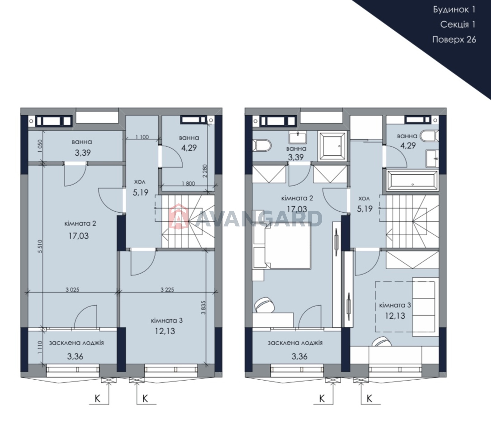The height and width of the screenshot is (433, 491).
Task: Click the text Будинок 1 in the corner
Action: pyautogui.click(x=454, y=9)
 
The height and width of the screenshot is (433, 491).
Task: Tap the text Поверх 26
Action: pyautogui.click(x=454, y=40)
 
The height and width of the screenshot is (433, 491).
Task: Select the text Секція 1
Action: pyautogui.click(x=458, y=25)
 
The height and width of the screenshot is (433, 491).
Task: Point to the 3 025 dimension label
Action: pyautogui.click(x=72, y=289)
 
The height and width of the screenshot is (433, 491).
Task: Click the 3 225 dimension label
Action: pyautogui.click(x=167, y=289)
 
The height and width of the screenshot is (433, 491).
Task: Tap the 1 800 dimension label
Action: pyautogui.click(x=188, y=184)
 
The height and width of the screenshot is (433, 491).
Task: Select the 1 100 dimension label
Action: pyautogui.click(x=142, y=137)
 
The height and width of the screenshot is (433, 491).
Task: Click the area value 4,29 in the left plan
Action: pyautogui.click(x=189, y=148)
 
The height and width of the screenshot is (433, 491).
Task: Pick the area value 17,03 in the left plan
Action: pyautogui.click(x=79, y=236)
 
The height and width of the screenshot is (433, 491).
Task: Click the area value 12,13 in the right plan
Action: pyautogui.click(x=395, y=316)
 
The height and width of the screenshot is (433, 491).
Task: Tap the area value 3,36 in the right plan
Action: pyautogui.click(x=300, y=356)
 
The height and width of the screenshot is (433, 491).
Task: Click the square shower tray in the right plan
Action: pyautogui.click(x=332, y=146)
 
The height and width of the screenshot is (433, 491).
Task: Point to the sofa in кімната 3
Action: pyautogui.click(x=423, y=305)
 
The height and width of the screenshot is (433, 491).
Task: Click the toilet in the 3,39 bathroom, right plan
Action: pyautogui.click(x=262, y=146)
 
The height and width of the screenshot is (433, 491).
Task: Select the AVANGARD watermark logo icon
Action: pyautogui.click(x=179, y=216)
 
